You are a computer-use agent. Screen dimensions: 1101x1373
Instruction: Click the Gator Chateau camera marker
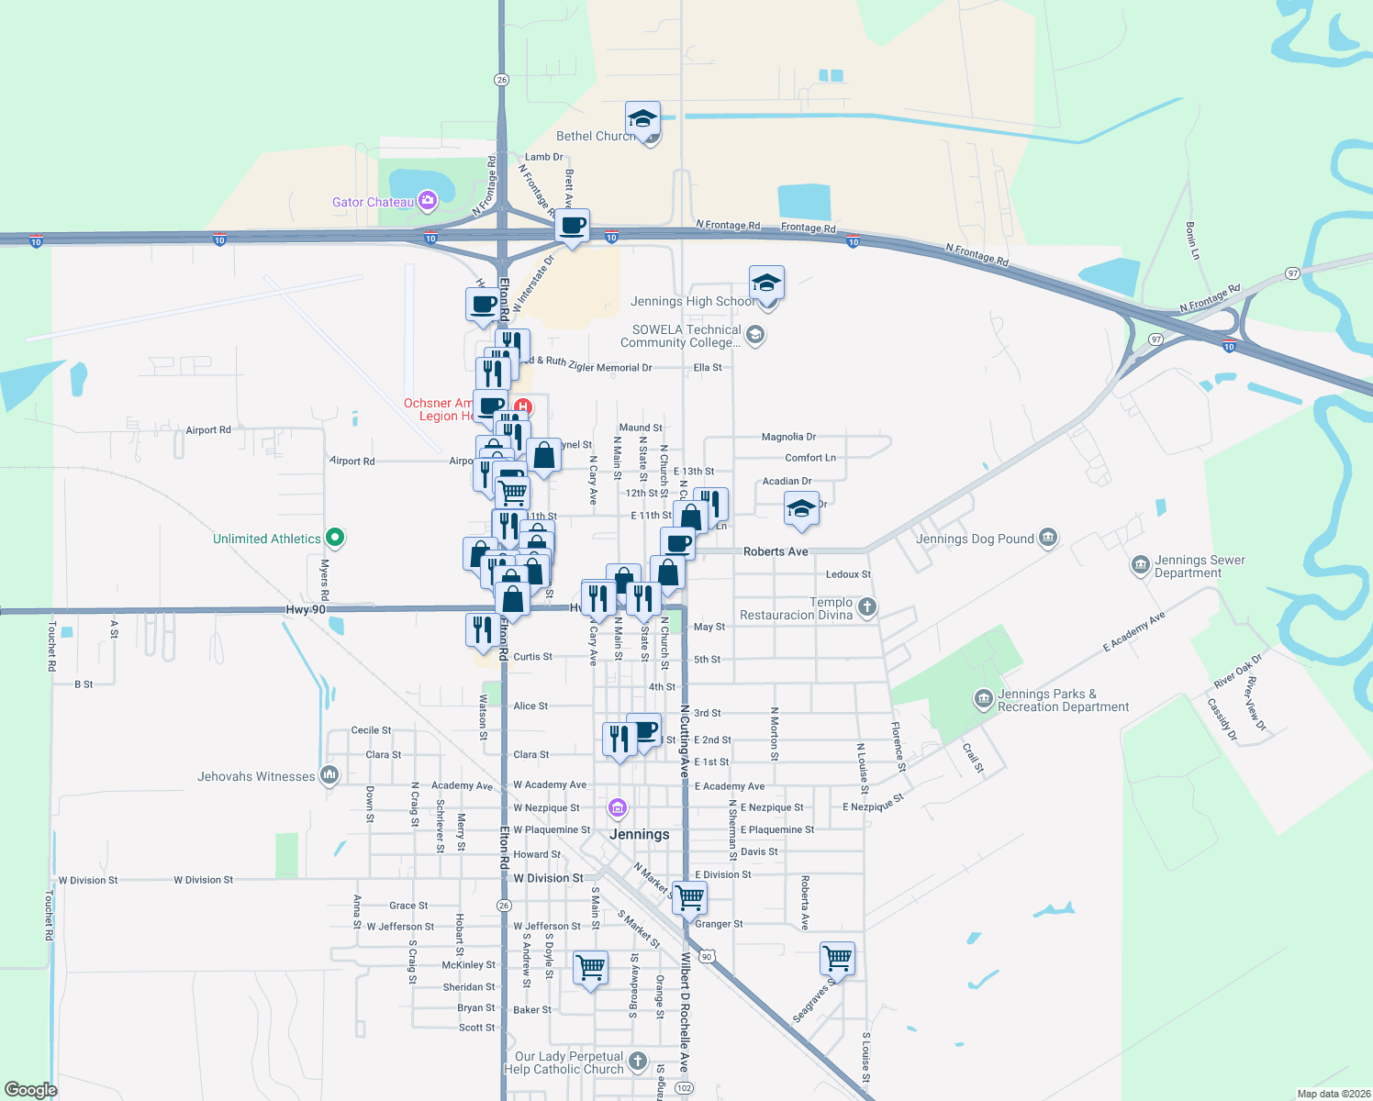427,200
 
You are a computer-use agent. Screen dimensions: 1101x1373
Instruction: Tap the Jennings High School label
693,301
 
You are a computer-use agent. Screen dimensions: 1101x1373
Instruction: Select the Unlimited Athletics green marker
335,539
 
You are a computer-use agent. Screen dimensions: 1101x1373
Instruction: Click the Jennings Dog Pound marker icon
1048,538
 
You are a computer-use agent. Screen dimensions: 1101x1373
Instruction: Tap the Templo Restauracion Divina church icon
866,606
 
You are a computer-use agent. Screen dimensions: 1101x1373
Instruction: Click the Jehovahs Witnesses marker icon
329,775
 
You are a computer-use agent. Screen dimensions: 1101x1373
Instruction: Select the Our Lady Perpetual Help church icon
638,1062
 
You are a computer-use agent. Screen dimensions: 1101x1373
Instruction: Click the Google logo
30,1089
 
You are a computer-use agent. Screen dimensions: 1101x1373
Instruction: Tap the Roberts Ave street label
776,551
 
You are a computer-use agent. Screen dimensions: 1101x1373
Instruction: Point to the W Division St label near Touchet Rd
88,880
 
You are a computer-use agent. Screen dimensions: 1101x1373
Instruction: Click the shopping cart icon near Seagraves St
837,959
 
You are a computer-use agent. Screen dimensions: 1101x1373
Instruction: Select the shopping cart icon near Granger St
689,897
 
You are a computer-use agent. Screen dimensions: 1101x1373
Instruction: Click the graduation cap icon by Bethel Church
642,118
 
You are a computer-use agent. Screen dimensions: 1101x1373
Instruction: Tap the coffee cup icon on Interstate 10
573,226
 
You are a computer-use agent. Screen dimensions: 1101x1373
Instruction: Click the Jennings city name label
639,834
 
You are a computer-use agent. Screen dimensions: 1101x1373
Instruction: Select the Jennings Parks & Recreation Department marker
983,700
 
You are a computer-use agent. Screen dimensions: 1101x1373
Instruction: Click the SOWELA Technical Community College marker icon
754,335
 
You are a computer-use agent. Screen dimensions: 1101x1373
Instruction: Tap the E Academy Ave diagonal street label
1133,631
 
